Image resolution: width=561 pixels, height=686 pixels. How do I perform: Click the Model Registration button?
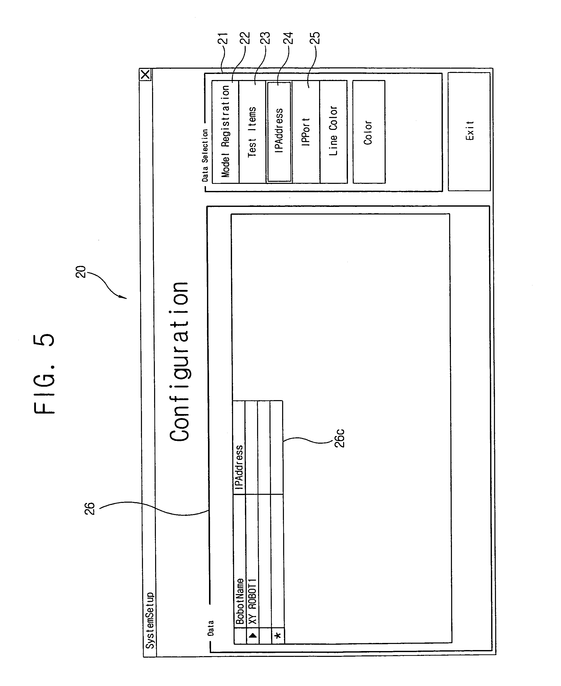225,132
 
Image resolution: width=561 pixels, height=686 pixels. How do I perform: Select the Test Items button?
252,132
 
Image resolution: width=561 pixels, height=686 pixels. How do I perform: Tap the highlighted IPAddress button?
279,132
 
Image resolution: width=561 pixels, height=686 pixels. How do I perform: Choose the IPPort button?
306,132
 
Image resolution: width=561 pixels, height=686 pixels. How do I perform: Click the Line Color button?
334,132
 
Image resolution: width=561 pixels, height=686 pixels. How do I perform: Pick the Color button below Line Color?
369,132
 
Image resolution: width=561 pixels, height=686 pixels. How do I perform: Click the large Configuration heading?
179,361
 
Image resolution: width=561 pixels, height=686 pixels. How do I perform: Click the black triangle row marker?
253,635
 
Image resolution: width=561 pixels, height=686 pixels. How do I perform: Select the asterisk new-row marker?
278,636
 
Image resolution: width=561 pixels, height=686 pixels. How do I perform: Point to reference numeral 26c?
340,438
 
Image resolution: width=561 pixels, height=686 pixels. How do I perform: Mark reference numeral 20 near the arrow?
81,272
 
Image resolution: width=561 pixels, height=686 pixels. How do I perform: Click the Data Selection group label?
205,155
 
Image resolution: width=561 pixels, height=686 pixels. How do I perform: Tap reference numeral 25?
315,38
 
